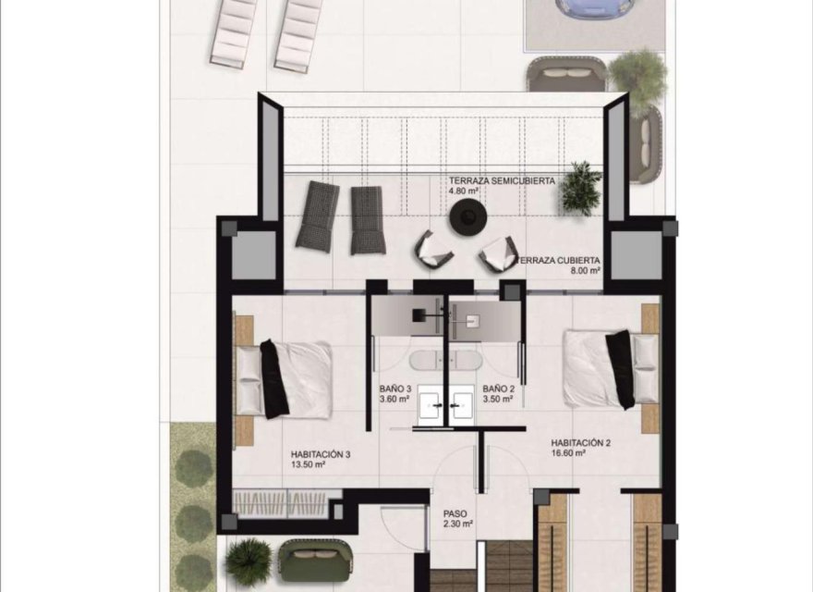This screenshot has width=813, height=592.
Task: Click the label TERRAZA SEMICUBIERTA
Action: (503, 181)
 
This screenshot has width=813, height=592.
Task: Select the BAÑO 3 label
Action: (396, 389)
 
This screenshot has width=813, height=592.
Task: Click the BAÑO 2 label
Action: (499, 389)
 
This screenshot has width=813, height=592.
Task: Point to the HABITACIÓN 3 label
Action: (320, 454)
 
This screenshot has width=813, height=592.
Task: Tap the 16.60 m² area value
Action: (568, 454)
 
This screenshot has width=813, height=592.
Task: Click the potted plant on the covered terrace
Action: (581, 187)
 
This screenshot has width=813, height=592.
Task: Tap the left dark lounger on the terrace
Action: (319, 216)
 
